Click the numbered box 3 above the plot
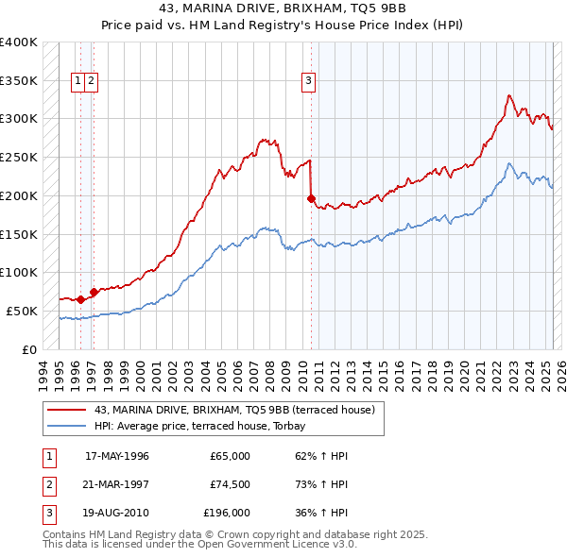pos(308,81)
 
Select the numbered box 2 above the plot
pos(91,81)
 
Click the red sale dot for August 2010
pos(311,198)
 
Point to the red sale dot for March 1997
pos(94,292)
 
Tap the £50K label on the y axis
pos(23,311)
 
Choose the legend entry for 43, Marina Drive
pos(234,410)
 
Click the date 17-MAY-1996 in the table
pos(117,456)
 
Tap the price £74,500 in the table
pos(230,484)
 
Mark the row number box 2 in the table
pos(47,484)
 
